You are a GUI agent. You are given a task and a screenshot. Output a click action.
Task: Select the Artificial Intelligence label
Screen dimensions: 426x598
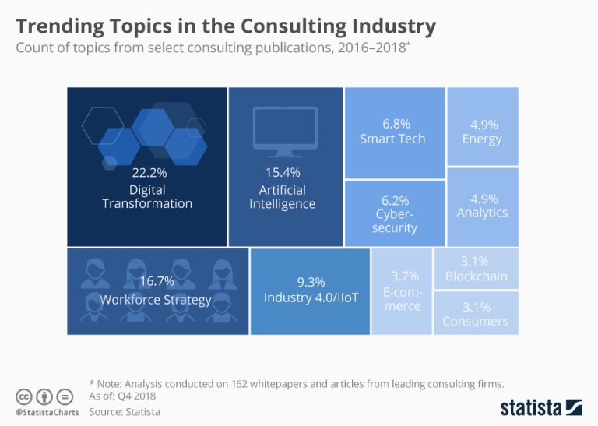click(282, 197)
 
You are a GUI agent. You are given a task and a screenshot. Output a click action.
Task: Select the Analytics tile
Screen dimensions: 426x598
click(482, 206)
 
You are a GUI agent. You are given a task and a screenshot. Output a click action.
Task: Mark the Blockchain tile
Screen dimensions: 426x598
click(476, 269)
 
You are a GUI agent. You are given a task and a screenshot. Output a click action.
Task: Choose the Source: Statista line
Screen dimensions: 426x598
click(125, 411)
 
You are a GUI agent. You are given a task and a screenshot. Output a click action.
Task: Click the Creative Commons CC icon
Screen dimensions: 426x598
click(23, 395)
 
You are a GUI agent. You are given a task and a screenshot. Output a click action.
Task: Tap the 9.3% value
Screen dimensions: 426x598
click(311, 282)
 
